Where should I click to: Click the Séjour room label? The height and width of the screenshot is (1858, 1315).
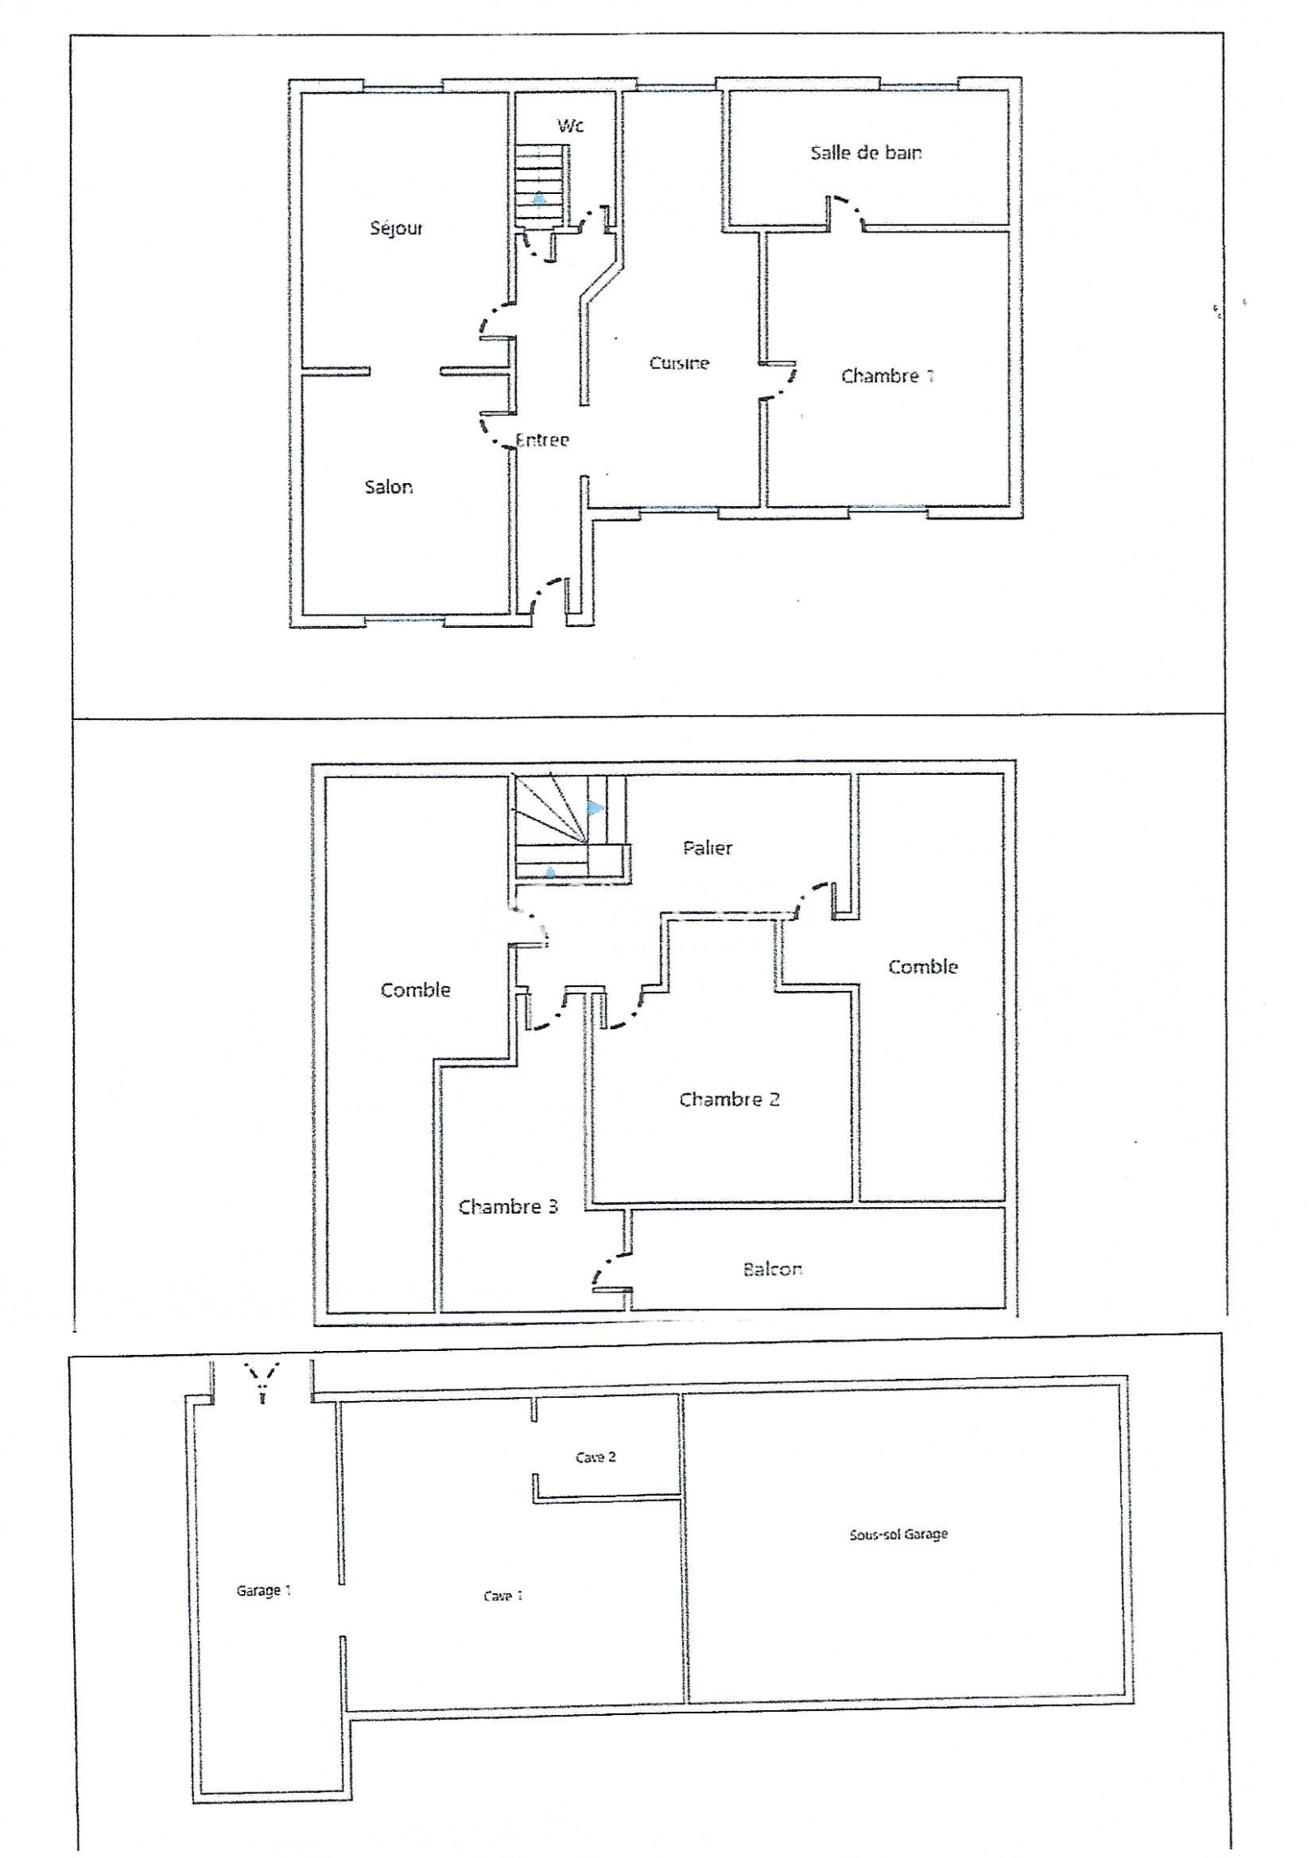(x=396, y=228)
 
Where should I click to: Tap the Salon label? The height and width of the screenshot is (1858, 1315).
(x=389, y=486)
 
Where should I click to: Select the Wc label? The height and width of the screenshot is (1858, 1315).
(x=570, y=125)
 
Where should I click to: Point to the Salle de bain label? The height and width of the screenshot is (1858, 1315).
(x=866, y=152)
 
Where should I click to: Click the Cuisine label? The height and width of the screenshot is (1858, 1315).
(x=679, y=362)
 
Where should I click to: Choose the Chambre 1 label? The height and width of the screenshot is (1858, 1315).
(x=888, y=376)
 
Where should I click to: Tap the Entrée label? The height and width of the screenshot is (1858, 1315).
(x=542, y=440)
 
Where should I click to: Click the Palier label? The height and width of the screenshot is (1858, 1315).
(x=708, y=847)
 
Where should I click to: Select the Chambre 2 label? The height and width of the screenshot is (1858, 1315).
(x=729, y=1099)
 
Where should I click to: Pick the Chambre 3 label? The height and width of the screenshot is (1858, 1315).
(x=508, y=1206)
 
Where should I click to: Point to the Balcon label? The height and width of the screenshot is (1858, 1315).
(x=773, y=1269)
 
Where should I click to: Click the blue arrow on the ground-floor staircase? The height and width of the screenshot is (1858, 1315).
(x=538, y=196)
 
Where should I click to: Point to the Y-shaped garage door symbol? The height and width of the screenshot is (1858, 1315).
(x=263, y=1382)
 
